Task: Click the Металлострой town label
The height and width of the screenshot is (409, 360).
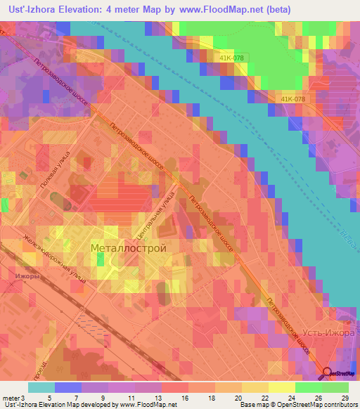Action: [x=129, y=249]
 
